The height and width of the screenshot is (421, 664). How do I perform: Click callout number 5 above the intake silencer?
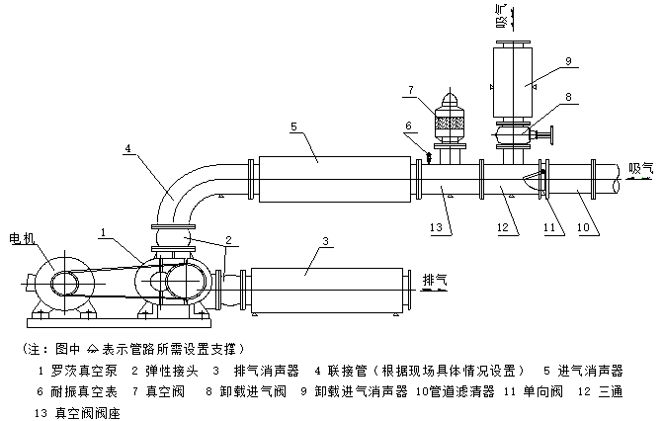click(x=293, y=126)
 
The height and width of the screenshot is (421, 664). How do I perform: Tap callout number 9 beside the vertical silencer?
click(x=568, y=61)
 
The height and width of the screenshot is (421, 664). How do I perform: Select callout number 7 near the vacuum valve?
click(x=408, y=92)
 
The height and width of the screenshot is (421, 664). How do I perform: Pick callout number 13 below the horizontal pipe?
click(x=437, y=230)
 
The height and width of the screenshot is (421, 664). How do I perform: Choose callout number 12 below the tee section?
click(x=501, y=230)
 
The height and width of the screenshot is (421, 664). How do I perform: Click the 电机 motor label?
click(x=22, y=238)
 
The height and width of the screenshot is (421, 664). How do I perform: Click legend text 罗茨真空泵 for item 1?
click(x=69, y=371)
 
